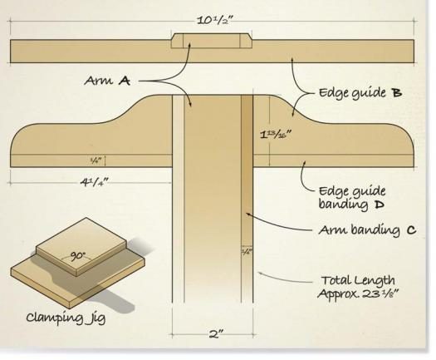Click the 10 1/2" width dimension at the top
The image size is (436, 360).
[214, 20]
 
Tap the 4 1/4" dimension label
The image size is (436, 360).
[95, 182]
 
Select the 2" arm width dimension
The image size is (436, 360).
[216, 334]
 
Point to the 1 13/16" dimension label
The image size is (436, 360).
[276, 135]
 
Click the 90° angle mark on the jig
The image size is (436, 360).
[77, 255]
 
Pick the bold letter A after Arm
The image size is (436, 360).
[125, 81]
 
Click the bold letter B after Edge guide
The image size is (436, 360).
[396, 92]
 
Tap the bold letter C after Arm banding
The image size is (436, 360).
[412, 230]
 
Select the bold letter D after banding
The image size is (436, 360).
[379, 205]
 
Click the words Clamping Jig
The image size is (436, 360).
[66, 318]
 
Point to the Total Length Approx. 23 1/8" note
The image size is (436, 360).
[358, 287]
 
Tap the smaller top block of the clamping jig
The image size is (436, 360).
[81, 244]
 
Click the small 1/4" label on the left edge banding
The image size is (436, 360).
[96, 160]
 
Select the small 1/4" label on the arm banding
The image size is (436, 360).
[247, 251]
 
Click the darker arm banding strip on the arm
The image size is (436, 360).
[247, 199]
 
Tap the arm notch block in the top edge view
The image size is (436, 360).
[211, 41]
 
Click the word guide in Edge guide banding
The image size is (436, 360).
[369, 192]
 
